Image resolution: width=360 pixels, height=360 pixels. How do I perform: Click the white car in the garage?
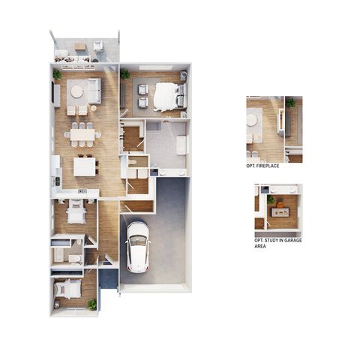[138, 247]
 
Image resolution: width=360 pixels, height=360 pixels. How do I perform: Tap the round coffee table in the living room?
[76, 91]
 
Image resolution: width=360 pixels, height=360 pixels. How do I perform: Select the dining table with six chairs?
[82, 135]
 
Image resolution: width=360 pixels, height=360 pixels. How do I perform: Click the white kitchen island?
[85, 167]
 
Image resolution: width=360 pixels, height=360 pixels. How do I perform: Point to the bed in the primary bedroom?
[170, 97]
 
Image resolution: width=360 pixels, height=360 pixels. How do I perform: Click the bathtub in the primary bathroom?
[181, 145]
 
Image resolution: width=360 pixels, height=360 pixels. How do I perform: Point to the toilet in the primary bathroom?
[132, 163]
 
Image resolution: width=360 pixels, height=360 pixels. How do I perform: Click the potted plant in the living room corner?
[57, 74]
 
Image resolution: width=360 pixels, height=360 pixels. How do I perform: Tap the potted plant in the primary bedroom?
[124, 74]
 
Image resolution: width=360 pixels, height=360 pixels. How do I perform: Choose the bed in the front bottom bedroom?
[68, 289]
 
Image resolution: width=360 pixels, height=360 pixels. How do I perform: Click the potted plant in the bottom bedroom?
[92, 304]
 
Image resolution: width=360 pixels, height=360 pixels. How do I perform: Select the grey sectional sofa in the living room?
[94, 91]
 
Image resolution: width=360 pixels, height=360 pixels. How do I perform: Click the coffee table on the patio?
[80, 46]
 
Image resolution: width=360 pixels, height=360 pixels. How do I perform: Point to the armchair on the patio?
[98, 46]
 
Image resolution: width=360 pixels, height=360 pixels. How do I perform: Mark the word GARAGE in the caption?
[293, 241]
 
